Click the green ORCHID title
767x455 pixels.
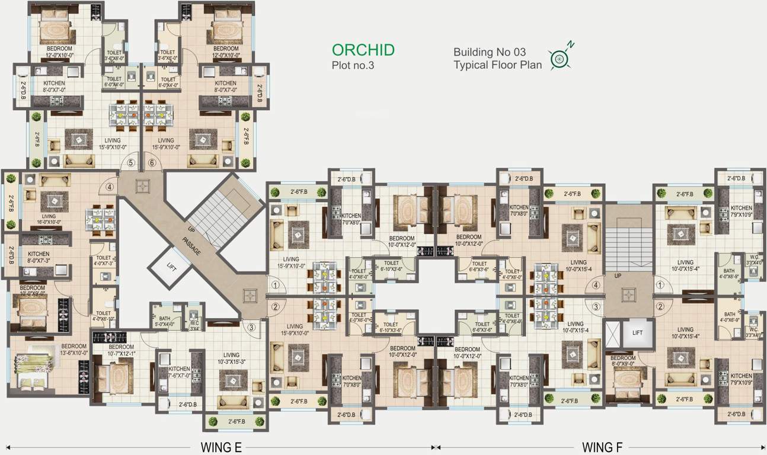(363, 50)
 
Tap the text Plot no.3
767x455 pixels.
(353, 66)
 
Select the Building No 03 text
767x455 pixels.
(490, 52)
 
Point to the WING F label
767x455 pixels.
(602, 447)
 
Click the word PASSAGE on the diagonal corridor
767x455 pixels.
(191, 243)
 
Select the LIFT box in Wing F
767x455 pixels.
(637, 333)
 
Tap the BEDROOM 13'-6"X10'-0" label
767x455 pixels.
(73, 350)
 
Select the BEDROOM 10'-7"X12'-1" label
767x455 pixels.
(121, 350)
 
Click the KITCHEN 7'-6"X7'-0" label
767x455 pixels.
(179, 371)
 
